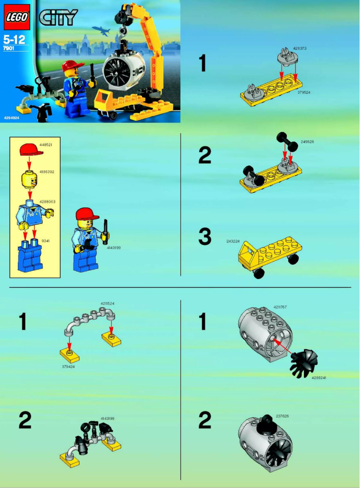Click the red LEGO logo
coord(17,17)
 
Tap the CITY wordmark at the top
coord(58,17)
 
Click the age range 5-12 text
coord(14,39)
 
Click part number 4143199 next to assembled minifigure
coord(114,247)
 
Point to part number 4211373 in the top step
coord(300,48)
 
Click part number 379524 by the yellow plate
coord(303,92)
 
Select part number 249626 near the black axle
coord(307,141)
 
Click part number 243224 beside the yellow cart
coord(233,241)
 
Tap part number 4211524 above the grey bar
coord(107,304)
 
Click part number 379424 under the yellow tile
coord(68,366)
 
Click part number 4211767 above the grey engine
coord(280,307)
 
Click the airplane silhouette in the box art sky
coord(101,30)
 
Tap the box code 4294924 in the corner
coord(12,117)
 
